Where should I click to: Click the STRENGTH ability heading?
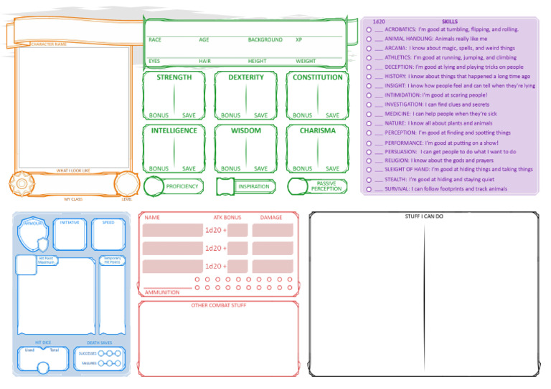pyautogui.click(x=174, y=77)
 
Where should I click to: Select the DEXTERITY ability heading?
pyautogui.click(x=246, y=77)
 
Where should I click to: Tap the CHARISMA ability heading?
pyautogui.click(x=317, y=131)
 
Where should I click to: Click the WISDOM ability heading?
pyautogui.click(x=246, y=131)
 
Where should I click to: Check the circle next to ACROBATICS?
pyautogui.click(x=368, y=30)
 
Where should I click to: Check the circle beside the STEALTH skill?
pyautogui.click(x=368, y=180)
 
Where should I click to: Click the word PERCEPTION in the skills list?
pyautogui.click(x=399, y=133)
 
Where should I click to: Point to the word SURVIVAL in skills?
pyautogui.click(x=397, y=189)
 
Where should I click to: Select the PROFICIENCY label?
pyautogui.click(x=182, y=186)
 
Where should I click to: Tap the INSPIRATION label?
pyautogui.click(x=253, y=186)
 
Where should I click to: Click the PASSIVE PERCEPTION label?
pyautogui.click(x=326, y=186)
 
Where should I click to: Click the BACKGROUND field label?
pyautogui.click(x=265, y=40)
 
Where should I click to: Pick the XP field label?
pyautogui.click(x=298, y=40)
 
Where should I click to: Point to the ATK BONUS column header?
pyautogui.click(x=227, y=217)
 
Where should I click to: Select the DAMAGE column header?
pyautogui.click(x=271, y=217)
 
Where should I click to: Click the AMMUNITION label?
pyautogui.click(x=162, y=292)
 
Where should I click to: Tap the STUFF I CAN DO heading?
pyautogui.click(x=424, y=216)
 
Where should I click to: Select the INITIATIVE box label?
pyautogui.click(x=70, y=223)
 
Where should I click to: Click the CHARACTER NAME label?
pyautogui.click(x=49, y=44)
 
